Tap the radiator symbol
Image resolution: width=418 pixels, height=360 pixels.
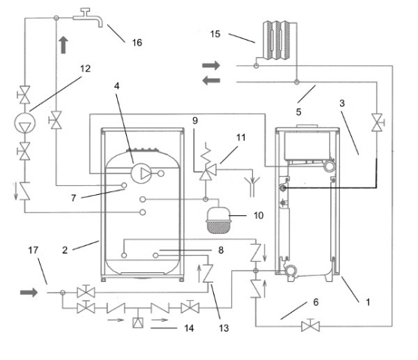(276, 40)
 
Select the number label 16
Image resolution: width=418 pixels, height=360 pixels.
(137, 42)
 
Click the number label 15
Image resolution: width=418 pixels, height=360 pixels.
(215, 34)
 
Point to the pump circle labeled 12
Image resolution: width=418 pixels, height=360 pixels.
(25, 123)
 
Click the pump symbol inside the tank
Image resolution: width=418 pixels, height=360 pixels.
(141, 173)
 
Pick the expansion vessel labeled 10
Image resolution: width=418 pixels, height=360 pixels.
(218, 220)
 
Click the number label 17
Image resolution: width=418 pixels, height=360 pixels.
(33, 250)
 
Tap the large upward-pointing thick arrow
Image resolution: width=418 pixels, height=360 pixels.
(63, 45)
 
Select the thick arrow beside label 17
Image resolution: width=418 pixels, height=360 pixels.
(29, 292)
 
